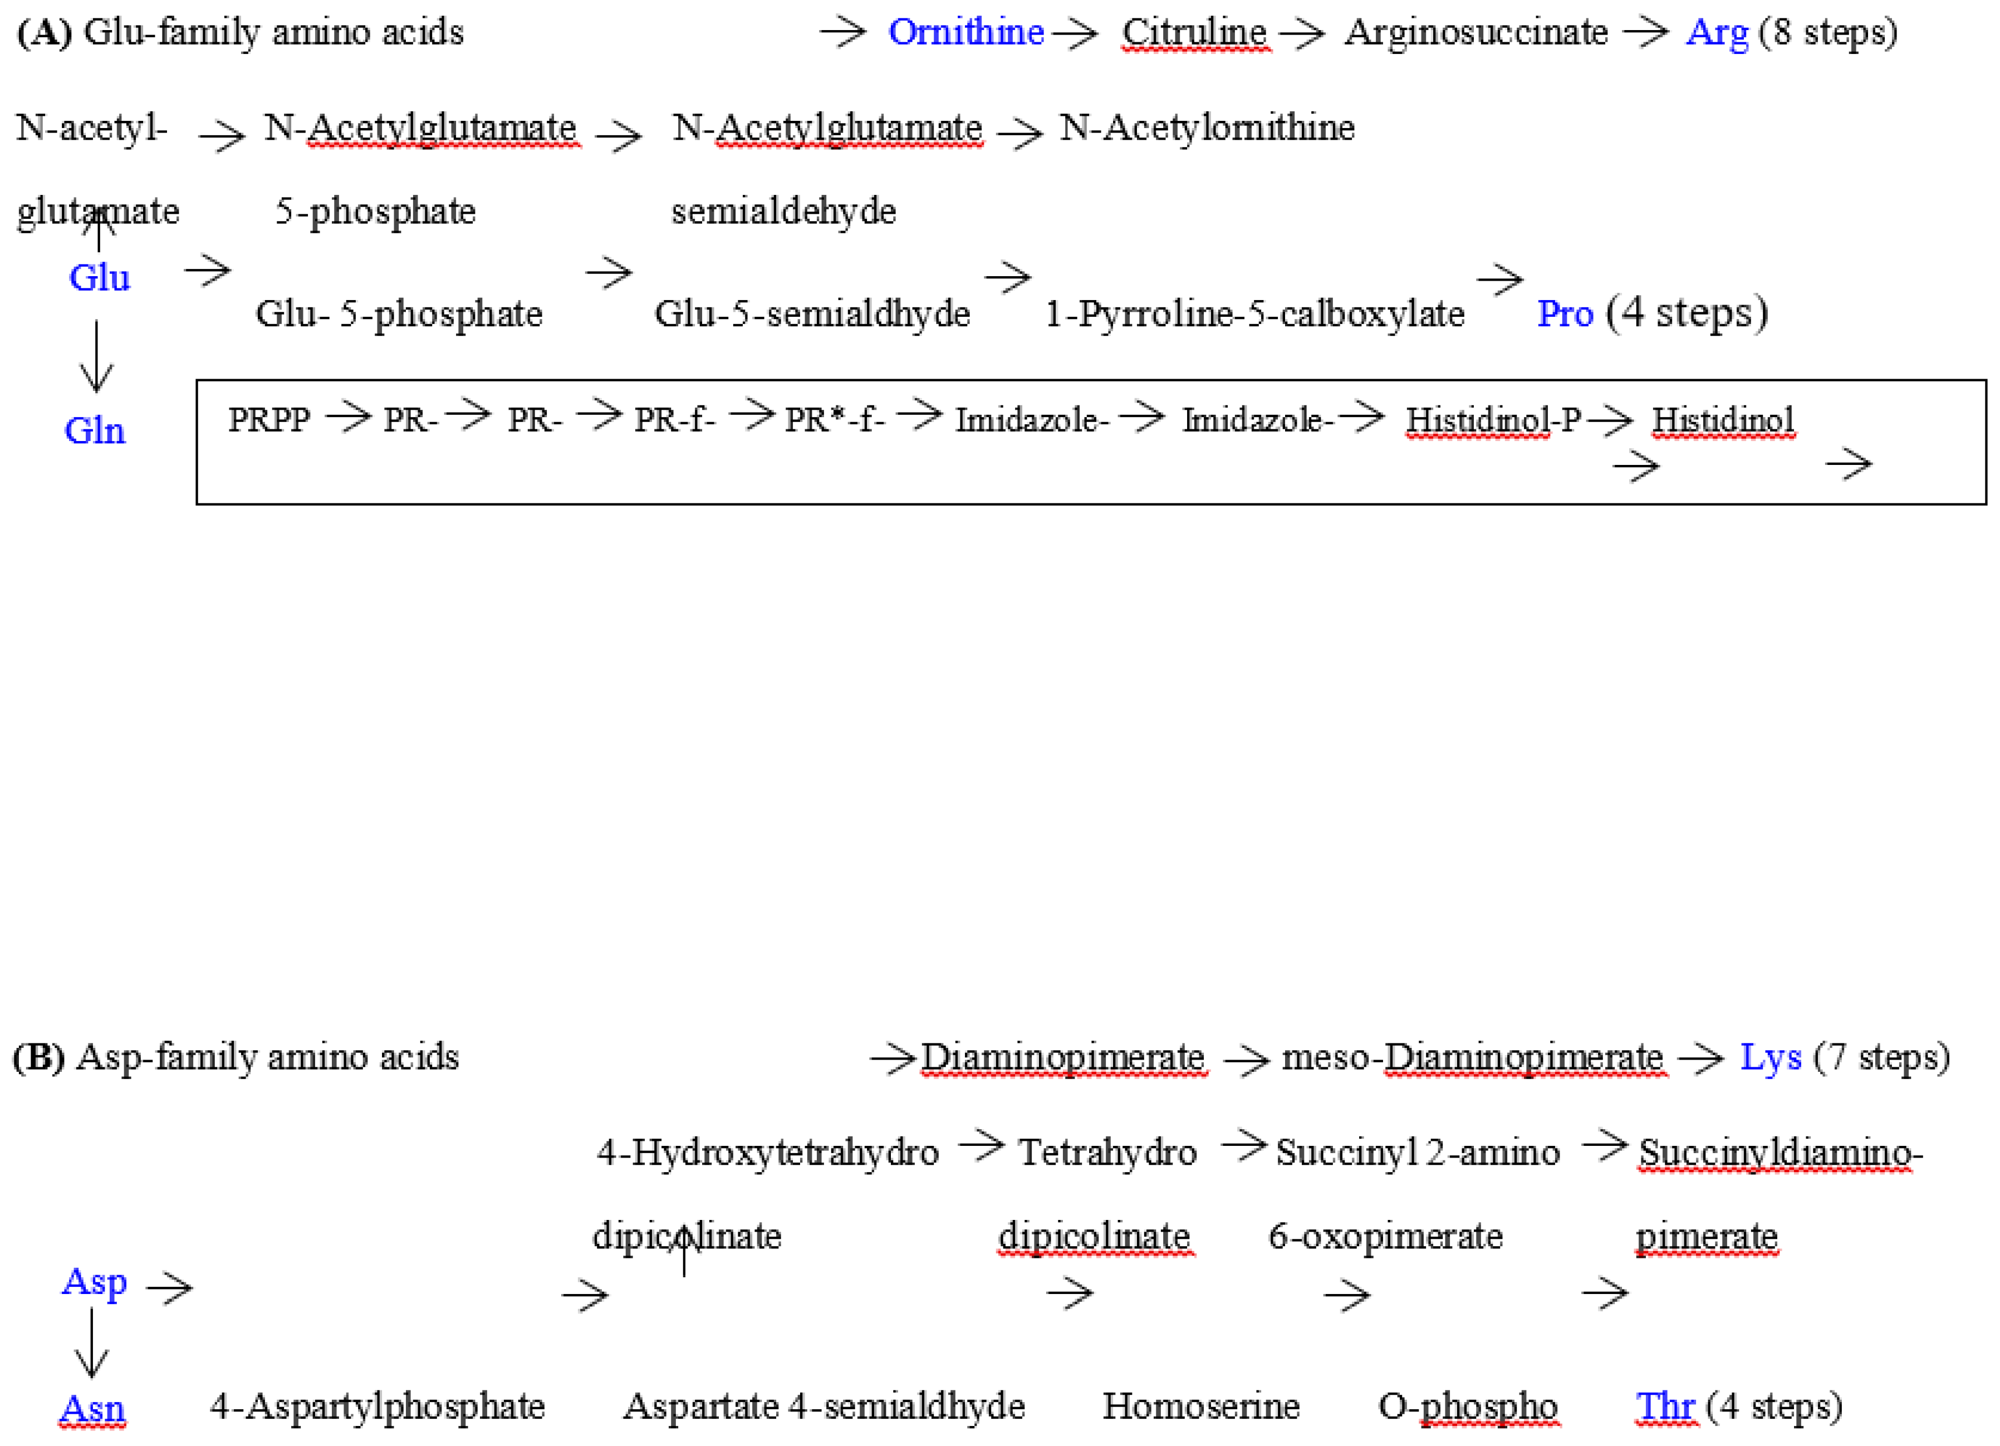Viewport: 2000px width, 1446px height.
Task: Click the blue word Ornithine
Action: pos(965,33)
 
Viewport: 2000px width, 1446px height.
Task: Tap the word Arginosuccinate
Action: pos(1476,33)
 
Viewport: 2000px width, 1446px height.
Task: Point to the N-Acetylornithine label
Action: pos(1207,129)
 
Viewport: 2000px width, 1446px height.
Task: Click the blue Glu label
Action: pos(99,278)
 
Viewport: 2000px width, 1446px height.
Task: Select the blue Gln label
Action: pos(95,431)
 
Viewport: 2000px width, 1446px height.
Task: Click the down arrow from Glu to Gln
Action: pos(96,356)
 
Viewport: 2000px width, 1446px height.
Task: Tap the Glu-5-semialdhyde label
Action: pos(811,314)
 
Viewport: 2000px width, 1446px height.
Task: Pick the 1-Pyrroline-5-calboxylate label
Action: pos(1254,314)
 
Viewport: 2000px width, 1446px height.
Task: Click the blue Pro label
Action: pos(1565,314)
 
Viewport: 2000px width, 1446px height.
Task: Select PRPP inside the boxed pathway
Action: pos(269,420)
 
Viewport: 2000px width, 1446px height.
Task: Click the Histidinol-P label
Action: pos(1492,420)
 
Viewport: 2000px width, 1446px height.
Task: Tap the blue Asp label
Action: pos(94,1281)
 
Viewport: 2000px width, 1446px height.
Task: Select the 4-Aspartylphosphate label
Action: pos(378,1406)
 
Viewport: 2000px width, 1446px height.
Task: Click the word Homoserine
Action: pos(1201,1406)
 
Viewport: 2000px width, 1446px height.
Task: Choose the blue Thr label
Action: pos(1665,1406)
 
